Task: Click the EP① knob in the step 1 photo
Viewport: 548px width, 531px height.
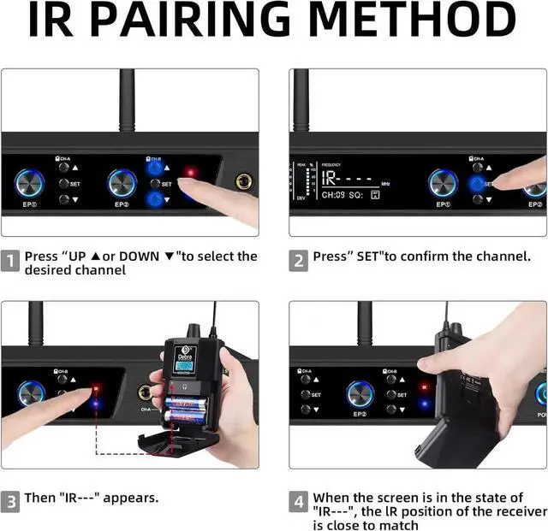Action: coord(31,184)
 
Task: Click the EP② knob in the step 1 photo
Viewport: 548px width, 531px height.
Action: coord(122,184)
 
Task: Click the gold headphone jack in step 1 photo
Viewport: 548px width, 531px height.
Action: coord(245,181)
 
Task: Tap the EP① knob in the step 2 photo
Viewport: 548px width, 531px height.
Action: coord(443,183)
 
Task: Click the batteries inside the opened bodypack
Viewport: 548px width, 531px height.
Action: coord(182,412)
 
